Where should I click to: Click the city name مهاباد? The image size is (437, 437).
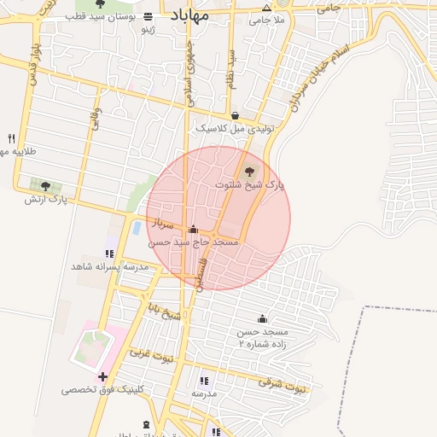(189, 16)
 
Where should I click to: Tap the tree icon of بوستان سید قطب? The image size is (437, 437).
(101, 4)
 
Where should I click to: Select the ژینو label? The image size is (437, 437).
(149, 29)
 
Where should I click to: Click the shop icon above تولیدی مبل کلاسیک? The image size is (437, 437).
(235, 115)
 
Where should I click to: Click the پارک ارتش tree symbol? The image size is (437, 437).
(45, 185)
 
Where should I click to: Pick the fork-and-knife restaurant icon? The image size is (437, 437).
(11, 138)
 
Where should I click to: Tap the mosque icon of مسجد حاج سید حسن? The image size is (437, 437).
(193, 229)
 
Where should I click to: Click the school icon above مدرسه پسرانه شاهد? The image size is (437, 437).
(109, 253)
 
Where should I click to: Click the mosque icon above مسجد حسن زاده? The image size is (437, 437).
(262, 318)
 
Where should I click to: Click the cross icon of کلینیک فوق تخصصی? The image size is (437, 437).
(102, 376)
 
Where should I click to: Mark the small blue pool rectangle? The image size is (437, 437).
(137, 228)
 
